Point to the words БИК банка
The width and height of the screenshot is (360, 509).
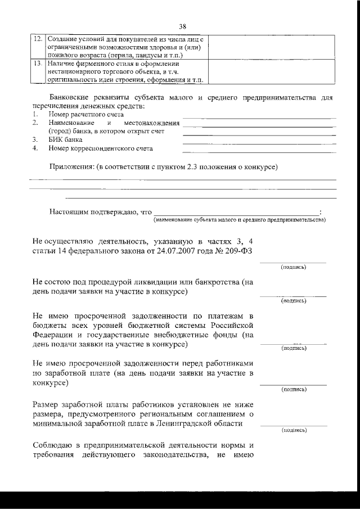tap(65, 139)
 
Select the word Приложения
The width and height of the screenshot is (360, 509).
tap(71, 167)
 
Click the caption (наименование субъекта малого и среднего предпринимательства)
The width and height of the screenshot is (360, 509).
tap(239, 220)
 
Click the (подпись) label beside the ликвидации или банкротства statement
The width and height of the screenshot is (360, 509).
tap(293, 301)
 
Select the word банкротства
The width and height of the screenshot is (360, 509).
tap(219, 280)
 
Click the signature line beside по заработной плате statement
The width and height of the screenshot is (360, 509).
tap(293, 384)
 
